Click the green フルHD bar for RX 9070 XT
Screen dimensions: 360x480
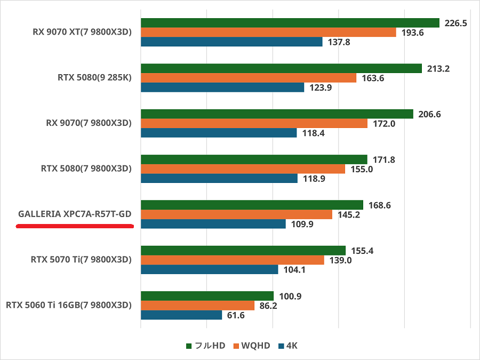pyautogui.click(x=290, y=23)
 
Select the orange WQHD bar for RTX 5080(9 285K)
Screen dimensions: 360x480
pyautogui.click(x=248, y=78)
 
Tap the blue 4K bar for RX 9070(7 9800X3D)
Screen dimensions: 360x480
pyautogui.click(x=219, y=133)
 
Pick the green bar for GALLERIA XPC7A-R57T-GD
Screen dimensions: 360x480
pyautogui.click(x=252, y=205)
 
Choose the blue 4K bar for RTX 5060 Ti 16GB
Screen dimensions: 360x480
pyautogui.click(x=181, y=315)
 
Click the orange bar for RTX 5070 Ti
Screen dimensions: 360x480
pyautogui.click(x=232, y=260)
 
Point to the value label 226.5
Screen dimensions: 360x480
pyautogui.click(x=455, y=23)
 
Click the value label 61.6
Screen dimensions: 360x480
pyautogui.click(x=235, y=315)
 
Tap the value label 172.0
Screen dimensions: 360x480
pyautogui.click(x=385, y=124)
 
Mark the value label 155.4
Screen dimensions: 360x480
pyautogui.click(x=363, y=251)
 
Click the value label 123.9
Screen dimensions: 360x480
pyautogui.click(x=321, y=87)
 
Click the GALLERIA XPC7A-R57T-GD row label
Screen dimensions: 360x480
pyautogui.click(x=75, y=214)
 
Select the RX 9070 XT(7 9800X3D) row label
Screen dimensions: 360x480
pyautogui.click(x=82, y=32)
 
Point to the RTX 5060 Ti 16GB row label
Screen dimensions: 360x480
pyautogui.click(x=68, y=305)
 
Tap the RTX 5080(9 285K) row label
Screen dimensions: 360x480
pyautogui.click(x=94, y=78)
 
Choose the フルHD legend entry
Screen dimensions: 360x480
pyautogui.click(x=205, y=346)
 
